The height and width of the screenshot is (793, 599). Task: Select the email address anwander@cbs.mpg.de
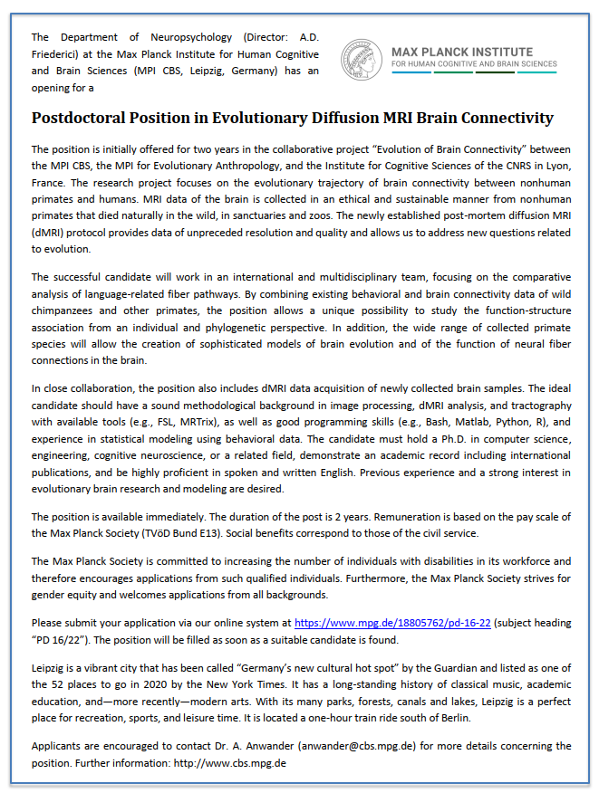[x=318, y=747]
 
